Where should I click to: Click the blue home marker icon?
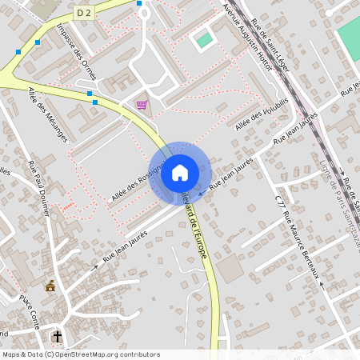click(179, 172)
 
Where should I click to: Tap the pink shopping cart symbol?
click(142, 105)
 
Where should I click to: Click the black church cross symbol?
click(57, 336)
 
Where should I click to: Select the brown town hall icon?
click(50, 286)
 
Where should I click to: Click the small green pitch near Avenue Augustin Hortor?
click(205, 39)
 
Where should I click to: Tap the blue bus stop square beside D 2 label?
click(140, 3)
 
